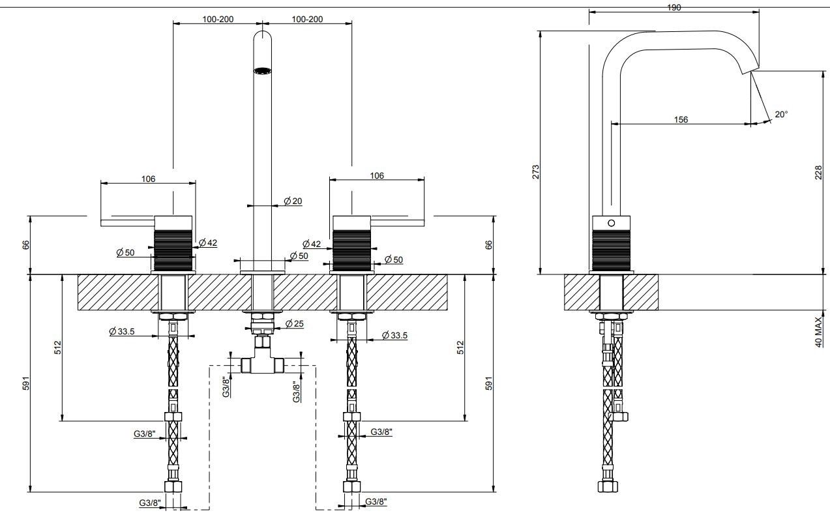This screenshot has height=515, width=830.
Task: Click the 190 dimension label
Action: (x=674, y=7)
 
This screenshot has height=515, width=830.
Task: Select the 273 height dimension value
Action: (x=535, y=171)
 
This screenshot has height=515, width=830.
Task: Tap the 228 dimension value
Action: (x=819, y=171)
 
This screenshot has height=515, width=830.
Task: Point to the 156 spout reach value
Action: (x=680, y=119)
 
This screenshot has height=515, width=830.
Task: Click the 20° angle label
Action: (x=781, y=114)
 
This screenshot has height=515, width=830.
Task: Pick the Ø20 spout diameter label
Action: (x=293, y=201)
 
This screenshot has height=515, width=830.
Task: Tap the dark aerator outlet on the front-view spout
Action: (x=262, y=71)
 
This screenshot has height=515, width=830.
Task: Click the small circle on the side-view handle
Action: (x=611, y=223)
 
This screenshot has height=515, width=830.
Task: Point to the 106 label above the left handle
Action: (x=148, y=179)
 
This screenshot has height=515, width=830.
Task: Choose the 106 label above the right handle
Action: (x=377, y=175)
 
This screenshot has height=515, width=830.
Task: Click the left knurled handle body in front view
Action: (x=173, y=246)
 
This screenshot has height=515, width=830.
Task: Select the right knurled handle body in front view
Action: (x=352, y=246)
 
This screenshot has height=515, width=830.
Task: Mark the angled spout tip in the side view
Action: (x=752, y=66)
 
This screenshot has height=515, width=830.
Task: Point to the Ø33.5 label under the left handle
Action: (x=122, y=331)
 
